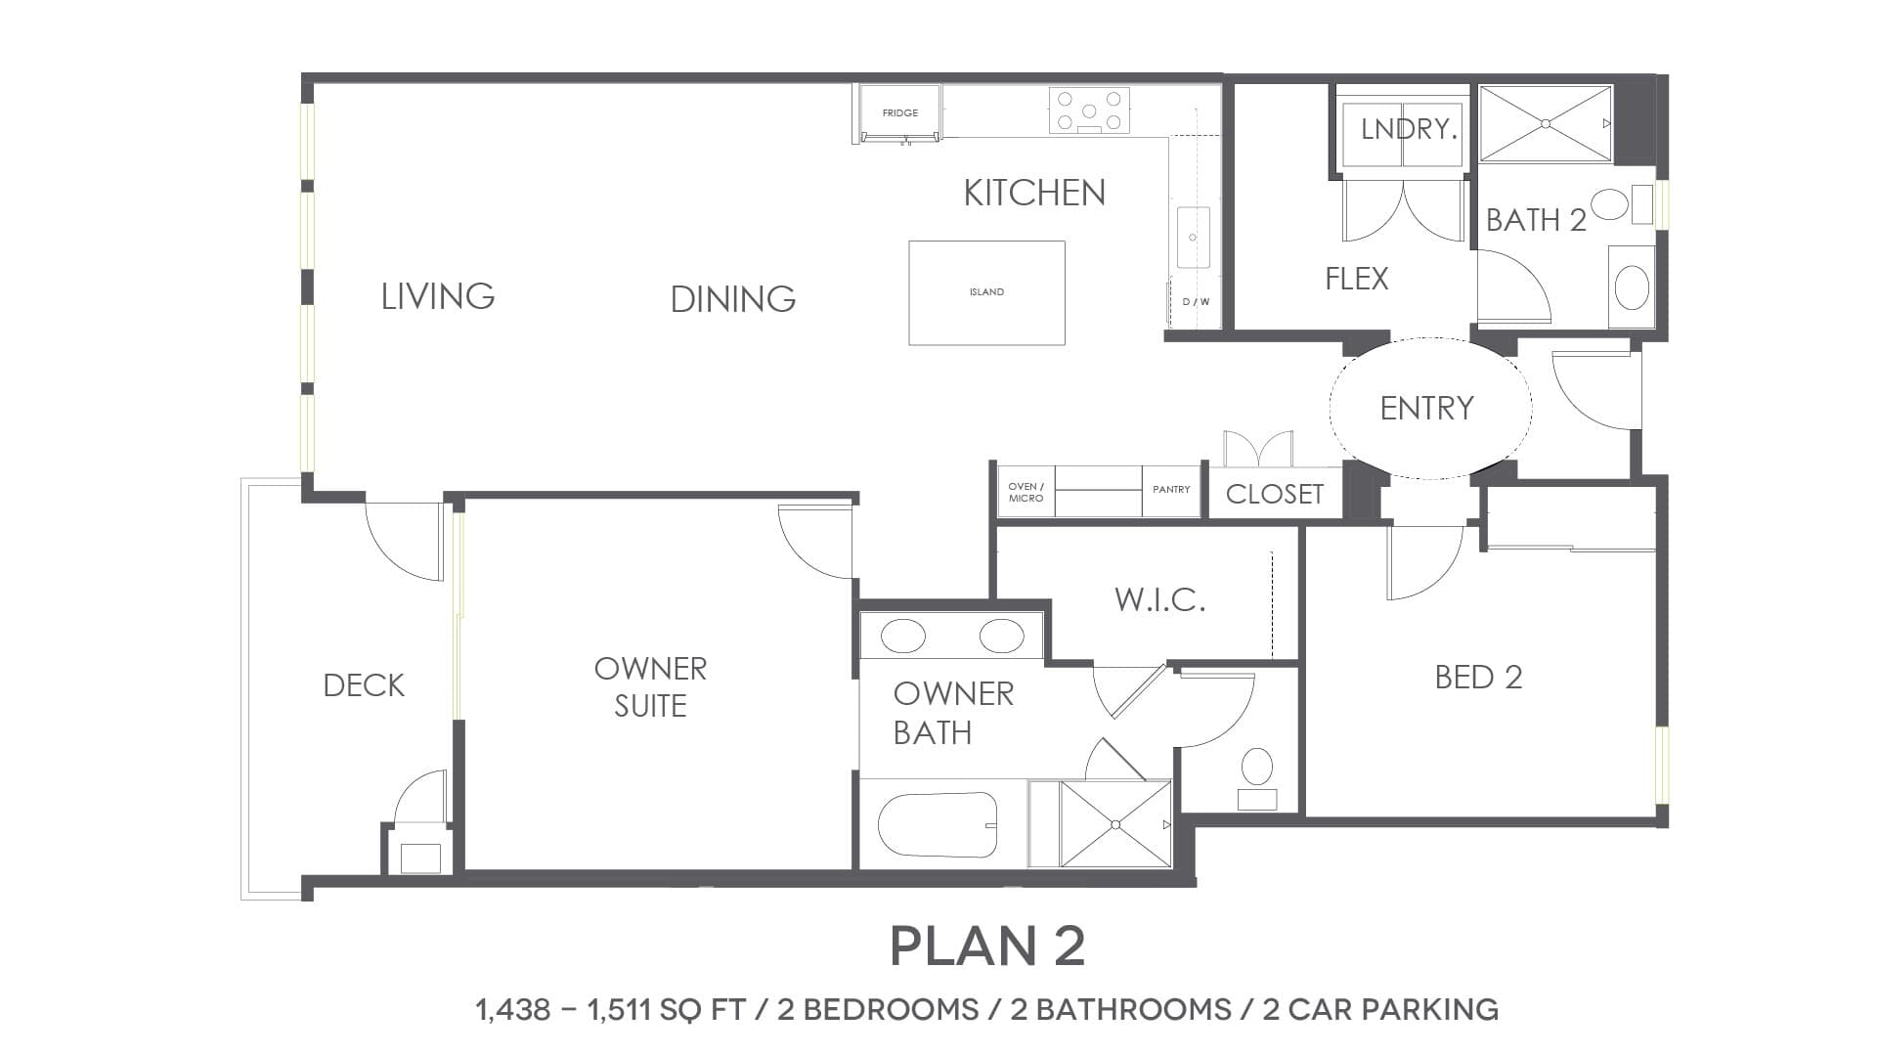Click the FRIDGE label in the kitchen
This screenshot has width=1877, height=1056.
point(900,113)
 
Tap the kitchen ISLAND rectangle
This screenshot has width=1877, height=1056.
point(986,292)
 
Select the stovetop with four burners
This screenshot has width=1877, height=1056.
point(1089,110)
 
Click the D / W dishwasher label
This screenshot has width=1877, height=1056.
point(1197,302)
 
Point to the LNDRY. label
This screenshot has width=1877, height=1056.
point(1409,129)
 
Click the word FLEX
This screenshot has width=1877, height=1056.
point(1357,280)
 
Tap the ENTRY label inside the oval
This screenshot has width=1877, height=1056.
point(1427,408)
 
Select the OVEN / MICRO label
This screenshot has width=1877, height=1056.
point(1026,492)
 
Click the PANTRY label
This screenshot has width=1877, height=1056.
point(1171,489)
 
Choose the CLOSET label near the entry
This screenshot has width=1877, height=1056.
point(1275,494)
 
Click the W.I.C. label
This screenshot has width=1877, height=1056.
point(1160,599)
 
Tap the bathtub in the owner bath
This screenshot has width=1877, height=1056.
point(938,824)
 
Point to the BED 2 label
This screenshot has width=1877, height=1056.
point(1479,678)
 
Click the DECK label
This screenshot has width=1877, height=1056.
point(364,685)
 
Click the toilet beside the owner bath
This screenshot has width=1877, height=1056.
point(1256,778)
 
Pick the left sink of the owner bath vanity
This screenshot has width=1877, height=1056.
point(902,636)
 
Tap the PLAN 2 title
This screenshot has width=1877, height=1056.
point(987,946)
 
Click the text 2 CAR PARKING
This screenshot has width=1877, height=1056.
point(1380,1009)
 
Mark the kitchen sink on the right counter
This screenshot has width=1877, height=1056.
point(1193,237)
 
